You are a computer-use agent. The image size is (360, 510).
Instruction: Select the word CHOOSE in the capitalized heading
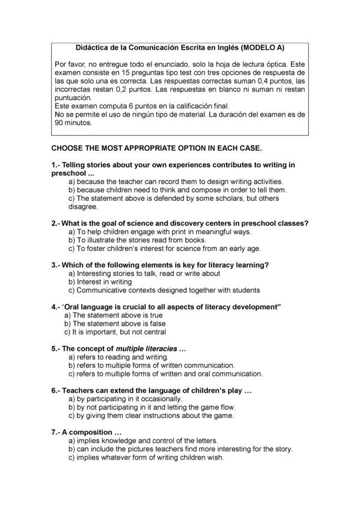click(68, 147)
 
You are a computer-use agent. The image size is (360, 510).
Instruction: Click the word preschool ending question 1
click(69, 173)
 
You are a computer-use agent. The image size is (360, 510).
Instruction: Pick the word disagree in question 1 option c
click(83, 206)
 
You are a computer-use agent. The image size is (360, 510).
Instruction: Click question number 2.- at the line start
click(56, 223)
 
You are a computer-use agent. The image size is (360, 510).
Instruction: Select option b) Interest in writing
click(100, 281)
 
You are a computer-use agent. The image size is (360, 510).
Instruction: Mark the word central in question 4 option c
click(153, 331)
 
